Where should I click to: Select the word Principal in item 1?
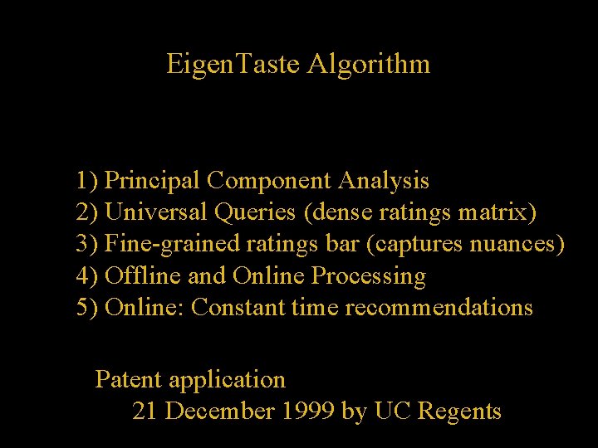[x=153, y=180]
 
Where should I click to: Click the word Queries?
[x=255, y=213]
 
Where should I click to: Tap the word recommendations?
[x=439, y=308]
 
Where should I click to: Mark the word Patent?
[x=129, y=379]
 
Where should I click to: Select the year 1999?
[x=307, y=411]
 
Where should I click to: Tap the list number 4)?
[x=87, y=276]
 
